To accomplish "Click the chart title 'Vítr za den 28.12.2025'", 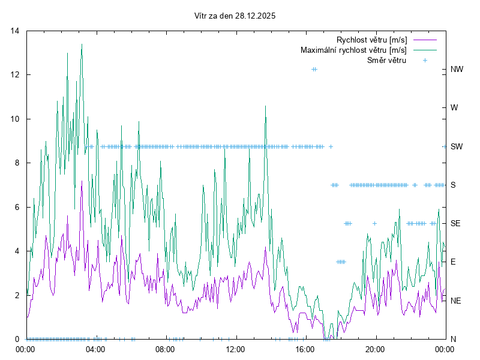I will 235,16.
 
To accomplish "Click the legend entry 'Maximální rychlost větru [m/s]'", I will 353,50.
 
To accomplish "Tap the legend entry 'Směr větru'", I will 386,60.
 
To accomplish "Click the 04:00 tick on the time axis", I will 96,349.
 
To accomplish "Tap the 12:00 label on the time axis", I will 235,349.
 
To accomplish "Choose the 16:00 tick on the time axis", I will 305,349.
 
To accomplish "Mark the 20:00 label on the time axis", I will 375,349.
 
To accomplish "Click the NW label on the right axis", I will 457,70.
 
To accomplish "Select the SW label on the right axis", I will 457,146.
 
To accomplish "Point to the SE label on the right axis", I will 455,223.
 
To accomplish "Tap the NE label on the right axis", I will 456,300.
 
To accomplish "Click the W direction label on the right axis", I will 454,108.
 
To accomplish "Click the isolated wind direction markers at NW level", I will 314,70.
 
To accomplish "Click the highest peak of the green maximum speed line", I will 82,44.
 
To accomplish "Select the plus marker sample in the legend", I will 424,60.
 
